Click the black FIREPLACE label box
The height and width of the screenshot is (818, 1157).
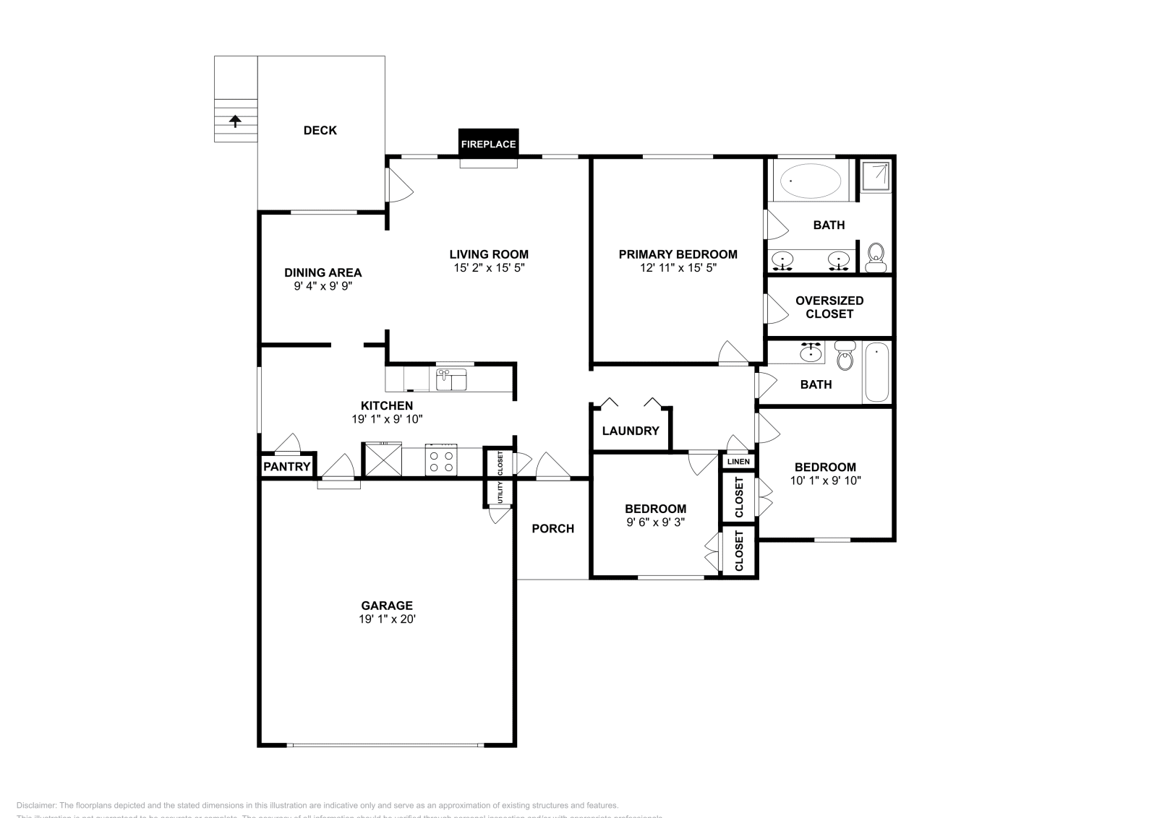pos(489,143)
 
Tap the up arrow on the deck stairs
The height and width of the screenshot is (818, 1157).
pos(235,121)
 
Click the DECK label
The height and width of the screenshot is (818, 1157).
pos(320,130)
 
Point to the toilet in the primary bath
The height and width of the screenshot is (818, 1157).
pos(876,257)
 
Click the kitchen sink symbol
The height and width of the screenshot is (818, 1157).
pos(451,379)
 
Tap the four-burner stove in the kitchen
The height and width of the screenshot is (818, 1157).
pos(441,461)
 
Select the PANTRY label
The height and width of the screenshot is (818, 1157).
pos(286,467)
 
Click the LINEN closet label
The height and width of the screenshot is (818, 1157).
pos(738,461)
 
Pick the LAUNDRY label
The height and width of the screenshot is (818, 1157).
pos(631,431)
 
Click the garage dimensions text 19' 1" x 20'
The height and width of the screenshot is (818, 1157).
pos(388,619)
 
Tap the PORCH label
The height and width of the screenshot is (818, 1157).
pos(552,528)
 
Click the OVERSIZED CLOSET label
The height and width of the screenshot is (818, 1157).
pos(829,307)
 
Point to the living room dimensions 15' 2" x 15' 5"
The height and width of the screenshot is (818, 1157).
pos(489,267)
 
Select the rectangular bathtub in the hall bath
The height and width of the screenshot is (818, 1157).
pos(876,373)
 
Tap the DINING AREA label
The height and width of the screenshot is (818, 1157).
pos(323,272)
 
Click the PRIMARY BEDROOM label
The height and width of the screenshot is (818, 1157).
pos(678,254)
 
